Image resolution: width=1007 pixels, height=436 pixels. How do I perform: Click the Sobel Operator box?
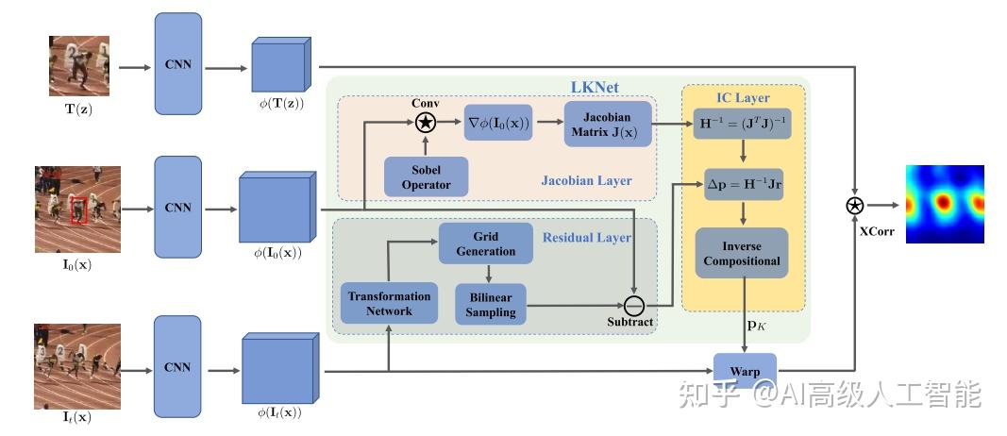pyautogui.click(x=426, y=176)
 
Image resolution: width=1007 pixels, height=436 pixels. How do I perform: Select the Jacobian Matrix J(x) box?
pyautogui.click(x=607, y=125)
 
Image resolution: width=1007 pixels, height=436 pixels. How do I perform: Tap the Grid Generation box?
pyautogui.click(x=485, y=243)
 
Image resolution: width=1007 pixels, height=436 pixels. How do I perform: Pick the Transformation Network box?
pyautogui.click(x=389, y=302)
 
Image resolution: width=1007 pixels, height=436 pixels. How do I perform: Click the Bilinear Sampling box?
pyautogui.click(x=490, y=304)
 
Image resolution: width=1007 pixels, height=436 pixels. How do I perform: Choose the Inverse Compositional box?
pyautogui.click(x=741, y=253)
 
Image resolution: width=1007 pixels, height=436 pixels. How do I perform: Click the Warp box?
pyautogui.click(x=745, y=371)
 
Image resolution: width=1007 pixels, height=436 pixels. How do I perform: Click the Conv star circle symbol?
pyautogui.click(x=425, y=122)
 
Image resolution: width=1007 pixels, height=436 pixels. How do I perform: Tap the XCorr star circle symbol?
pyautogui.click(x=854, y=206)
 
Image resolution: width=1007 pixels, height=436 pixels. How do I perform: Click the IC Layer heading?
pyautogui.click(x=743, y=97)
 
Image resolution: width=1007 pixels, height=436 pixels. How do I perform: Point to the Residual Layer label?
pyautogui.click(x=587, y=238)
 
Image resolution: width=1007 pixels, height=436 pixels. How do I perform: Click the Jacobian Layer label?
pyautogui.click(x=586, y=180)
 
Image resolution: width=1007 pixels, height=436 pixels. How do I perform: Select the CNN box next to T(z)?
pyautogui.click(x=177, y=63)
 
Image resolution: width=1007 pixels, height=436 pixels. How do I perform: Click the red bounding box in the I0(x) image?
pyautogui.click(x=77, y=210)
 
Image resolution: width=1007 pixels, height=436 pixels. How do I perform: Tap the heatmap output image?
pyautogui.click(x=945, y=204)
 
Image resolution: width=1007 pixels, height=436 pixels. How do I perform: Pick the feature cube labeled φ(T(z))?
pyautogui.click(x=280, y=64)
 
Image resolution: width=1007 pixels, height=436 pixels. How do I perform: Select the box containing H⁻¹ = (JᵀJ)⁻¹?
pyautogui.click(x=742, y=124)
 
